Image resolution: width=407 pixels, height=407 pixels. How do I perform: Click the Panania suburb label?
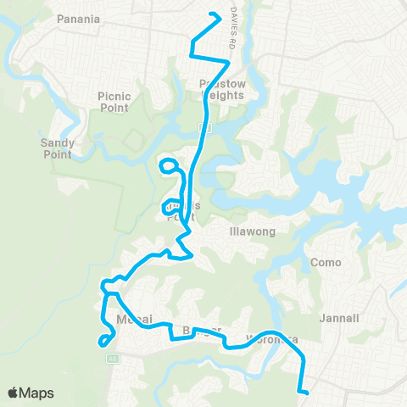(x=79, y=18)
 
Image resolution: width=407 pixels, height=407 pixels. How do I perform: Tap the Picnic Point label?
(x=113, y=102)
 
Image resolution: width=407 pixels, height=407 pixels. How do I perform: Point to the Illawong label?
(x=249, y=231)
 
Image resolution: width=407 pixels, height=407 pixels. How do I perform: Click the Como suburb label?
(x=326, y=263)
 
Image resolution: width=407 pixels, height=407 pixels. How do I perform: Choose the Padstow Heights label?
(x=221, y=90)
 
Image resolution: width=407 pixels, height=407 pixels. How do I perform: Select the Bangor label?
(x=202, y=330)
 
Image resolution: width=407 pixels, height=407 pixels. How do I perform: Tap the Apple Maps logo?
(x=31, y=393)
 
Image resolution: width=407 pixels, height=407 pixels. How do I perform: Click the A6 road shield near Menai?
(x=112, y=359)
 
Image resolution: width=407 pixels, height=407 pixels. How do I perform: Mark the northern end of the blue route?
(x=219, y=15)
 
